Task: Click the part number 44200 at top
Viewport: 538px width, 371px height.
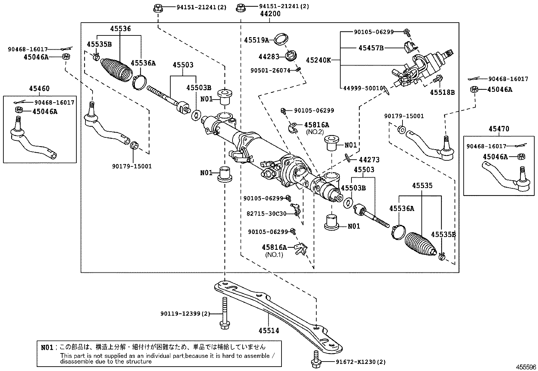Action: point(270,14)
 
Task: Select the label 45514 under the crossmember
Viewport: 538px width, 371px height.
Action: point(269,331)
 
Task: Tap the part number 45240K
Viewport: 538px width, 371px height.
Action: point(318,60)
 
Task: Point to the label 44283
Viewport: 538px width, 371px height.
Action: point(269,57)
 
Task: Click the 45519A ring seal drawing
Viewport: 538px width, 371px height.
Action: point(280,39)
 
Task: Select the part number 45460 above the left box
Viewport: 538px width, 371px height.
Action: point(39,89)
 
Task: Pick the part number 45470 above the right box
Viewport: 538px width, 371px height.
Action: point(499,129)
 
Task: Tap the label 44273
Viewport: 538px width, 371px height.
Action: point(369,160)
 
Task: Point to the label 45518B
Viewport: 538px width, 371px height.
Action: point(442,92)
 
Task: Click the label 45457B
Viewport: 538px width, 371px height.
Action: point(371,48)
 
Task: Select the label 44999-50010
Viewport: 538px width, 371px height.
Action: point(363,88)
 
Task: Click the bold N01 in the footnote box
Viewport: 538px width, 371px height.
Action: point(47,347)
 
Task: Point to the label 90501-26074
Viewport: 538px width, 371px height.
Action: point(270,71)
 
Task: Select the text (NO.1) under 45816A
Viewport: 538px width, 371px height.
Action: point(274,255)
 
